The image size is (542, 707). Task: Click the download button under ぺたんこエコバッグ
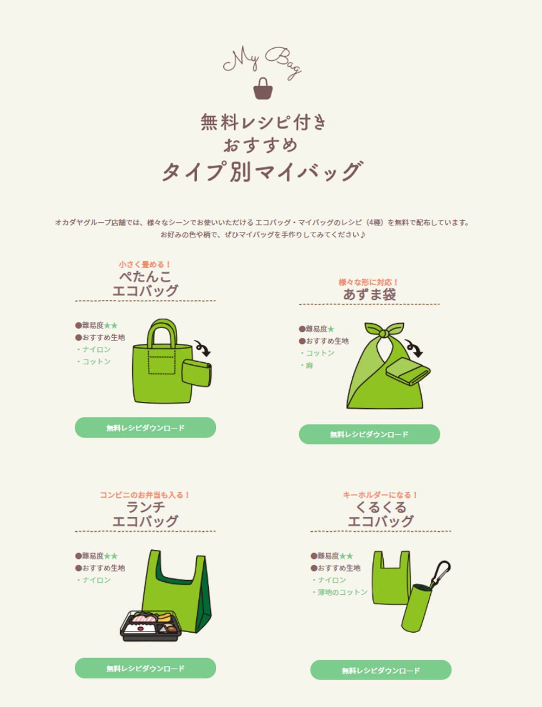tap(145, 428)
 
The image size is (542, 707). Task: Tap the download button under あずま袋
tap(369, 434)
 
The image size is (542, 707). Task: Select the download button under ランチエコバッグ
tap(145, 669)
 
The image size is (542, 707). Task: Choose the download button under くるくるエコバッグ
tap(380, 670)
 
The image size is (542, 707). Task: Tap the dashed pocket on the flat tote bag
tap(162, 362)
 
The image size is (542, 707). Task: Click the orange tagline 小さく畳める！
tap(145, 265)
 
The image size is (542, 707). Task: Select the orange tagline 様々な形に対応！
tap(369, 282)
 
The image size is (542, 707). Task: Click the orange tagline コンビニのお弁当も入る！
tap(145, 495)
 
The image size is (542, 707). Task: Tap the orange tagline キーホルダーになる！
tap(380, 495)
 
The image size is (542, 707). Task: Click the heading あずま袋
tap(369, 295)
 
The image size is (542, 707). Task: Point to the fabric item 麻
tap(309, 365)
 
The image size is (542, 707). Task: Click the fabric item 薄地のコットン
tap(342, 592)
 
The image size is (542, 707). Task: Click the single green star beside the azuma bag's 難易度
tap(331, 329)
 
